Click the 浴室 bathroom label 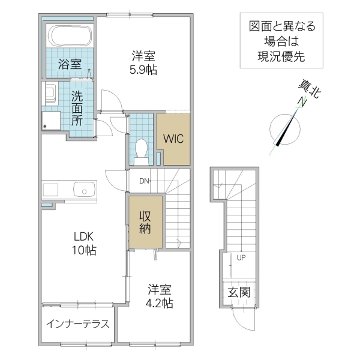pyautogui.click(x=69, y=62)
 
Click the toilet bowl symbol pyautogui.click(x=142, y=149)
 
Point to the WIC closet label pyautogui.click(x=173, y=137)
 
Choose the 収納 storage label pyautogui.click(x=145, y=222)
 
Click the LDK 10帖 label pyautogui.click(x=83, y=242)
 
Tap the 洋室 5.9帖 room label pyautogui.click(x=144, y=63)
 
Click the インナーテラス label pyautogui.click(x=78, y=325)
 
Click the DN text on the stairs pyautogui.click(x=145, y=181)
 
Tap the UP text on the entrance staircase pyautogui.click(x=241, y=259)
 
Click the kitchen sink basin pyautogui.click(x=83, y=190)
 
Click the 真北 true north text pyautogui.click(x=311, y=90)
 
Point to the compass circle pyautogui.click(x=284, y=130)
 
